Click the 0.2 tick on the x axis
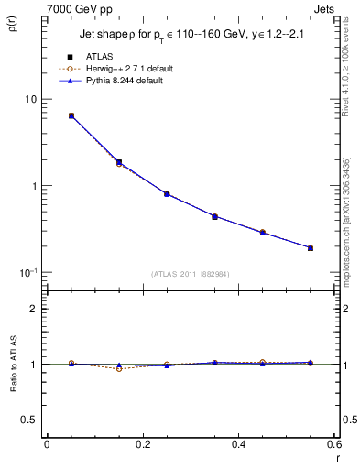(x=143, y=444)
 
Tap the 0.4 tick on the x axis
(x=239, y=444)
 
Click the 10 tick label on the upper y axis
(x=29, y=99)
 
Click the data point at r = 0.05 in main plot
(x=71, y=116)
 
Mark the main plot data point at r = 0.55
(x=311, y=247)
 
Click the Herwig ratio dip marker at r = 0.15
(x=119, y=368)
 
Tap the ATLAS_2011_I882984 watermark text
(x=191, y=274)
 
